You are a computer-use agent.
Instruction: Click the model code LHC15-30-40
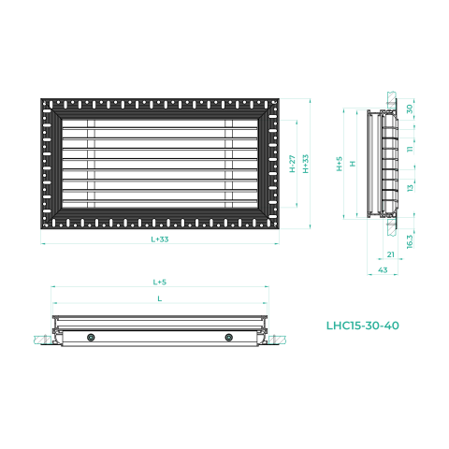point(363,326)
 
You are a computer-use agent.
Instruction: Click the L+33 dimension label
point(160,239)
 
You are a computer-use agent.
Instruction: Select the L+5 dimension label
point(160,282)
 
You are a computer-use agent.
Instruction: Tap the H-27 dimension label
point(292,164)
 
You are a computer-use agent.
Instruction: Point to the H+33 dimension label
point(306,164)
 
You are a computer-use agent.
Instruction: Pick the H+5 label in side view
point(340,164)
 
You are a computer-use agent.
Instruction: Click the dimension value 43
point(383,270)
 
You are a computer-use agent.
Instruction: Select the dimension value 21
point(391,254)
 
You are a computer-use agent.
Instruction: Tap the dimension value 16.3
point(410,241)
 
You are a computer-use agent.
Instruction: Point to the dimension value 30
point(410,109)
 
